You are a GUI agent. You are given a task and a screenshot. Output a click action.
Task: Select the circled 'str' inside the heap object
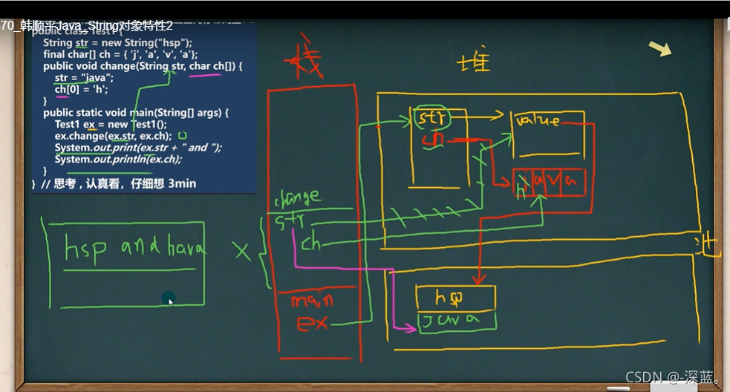(430, 118)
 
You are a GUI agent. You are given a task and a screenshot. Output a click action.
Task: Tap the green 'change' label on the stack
(297, 197)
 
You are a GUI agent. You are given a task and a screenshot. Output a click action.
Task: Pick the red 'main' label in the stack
(311, 301)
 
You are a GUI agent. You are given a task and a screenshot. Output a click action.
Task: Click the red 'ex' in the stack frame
(312, 324)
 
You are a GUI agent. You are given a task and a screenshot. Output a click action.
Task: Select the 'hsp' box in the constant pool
(454, 298)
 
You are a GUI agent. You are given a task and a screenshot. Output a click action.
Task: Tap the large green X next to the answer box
(242, 251)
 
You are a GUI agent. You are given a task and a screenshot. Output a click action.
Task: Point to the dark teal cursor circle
(169, 298)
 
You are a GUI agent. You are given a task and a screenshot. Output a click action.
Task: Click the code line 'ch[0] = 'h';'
(82, 90)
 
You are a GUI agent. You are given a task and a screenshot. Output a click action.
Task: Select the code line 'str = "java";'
(84, 78)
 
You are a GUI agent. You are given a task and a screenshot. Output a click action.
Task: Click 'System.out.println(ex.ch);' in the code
(118, 159)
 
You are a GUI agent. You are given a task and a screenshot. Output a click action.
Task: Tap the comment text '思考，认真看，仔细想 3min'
(119, 183)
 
